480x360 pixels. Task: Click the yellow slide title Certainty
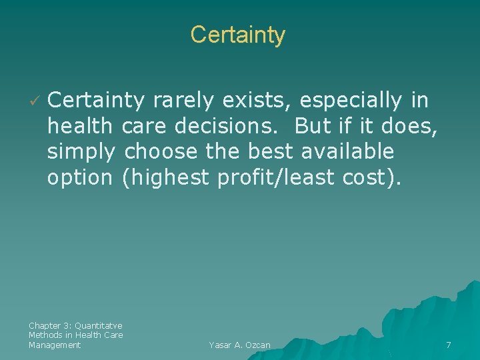tap(237, 35)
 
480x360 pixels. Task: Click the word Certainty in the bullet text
tap(96, 101)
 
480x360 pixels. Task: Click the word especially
tap(351, 101)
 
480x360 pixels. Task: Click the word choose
tap(161, 152)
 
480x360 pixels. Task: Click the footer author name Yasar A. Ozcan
tap(239, 345)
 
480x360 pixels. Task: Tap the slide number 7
tap(448, 345)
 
